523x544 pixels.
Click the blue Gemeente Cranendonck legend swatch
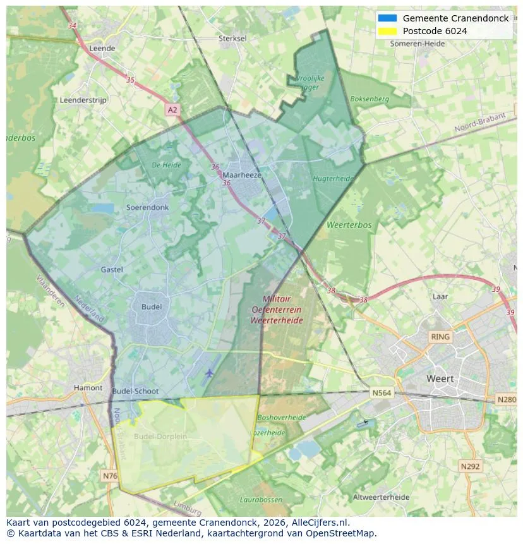(387, 18)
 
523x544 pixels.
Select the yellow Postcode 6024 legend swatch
(387, 31)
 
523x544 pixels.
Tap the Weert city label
(440, 379)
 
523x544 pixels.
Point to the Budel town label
(152, 307)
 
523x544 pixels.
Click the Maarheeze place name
(242, 175)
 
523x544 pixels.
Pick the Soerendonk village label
(148, 207)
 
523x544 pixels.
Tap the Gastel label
(112, 270)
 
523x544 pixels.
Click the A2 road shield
(172, 110)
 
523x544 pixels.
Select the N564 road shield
(382, 392)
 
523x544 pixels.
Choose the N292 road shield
(470, 466)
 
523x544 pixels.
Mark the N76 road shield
(109, 474)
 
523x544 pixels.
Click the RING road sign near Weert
(440, 337)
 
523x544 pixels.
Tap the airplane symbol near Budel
(209, 373)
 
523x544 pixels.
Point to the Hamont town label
(88, 388)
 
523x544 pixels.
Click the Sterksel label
(232, 39)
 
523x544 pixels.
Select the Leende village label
(102, 48)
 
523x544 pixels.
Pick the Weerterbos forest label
(349, 225)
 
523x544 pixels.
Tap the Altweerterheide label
(381, 497)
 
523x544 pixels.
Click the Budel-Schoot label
(135, 391)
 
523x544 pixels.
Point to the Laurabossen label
(261, 500)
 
